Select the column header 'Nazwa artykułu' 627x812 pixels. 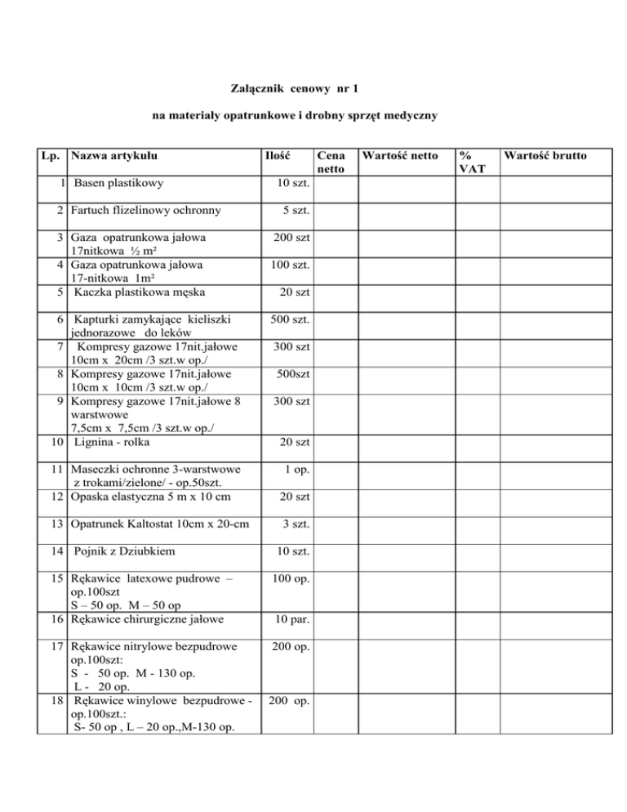tap(113, 154)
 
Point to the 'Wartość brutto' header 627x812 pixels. tap(545, 154)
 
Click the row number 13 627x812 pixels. tap(57, 524)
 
